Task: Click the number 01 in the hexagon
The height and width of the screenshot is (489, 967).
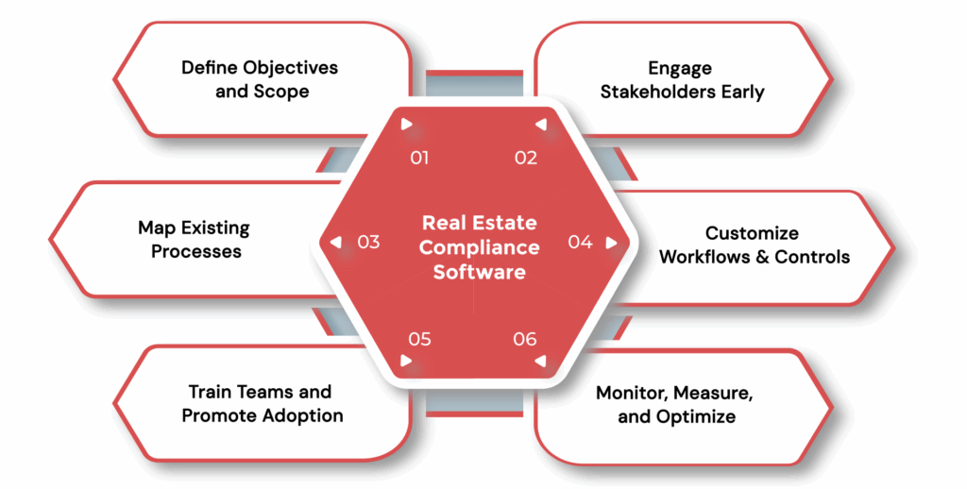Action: point(419,158)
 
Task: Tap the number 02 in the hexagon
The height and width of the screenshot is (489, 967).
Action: point(525,158)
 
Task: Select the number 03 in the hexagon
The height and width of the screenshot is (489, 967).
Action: point(368,243)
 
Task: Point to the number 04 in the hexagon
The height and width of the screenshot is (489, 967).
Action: point(580,243)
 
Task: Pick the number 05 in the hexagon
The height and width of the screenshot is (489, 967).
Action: point(419,339)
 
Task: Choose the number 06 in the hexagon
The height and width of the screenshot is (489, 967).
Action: point(525,339)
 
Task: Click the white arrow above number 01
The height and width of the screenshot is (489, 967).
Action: point(406,124)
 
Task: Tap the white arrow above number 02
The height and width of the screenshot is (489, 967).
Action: point(539,124)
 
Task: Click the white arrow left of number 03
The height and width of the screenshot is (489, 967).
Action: point(335,243)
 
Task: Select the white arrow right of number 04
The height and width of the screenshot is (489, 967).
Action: point(611,243)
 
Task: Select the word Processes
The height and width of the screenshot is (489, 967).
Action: point(196,251)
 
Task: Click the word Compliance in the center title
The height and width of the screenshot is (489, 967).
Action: point(480,247)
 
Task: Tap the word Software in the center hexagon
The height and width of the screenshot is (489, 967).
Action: point(480,271)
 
